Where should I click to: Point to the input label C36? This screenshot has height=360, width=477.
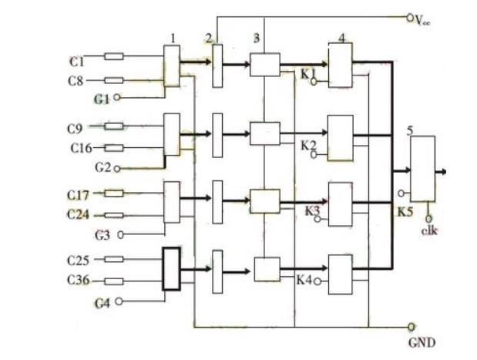point(79,280)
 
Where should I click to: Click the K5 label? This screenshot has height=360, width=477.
point(405,209)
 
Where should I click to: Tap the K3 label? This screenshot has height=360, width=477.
point(311,210)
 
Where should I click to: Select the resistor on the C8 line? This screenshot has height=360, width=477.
point(114,79)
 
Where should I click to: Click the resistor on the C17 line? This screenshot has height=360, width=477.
point(114,193)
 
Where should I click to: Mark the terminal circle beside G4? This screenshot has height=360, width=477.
point(119,302)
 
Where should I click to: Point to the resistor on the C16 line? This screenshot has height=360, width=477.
point(114,147)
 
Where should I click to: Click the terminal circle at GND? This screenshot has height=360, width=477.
point(411,326)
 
